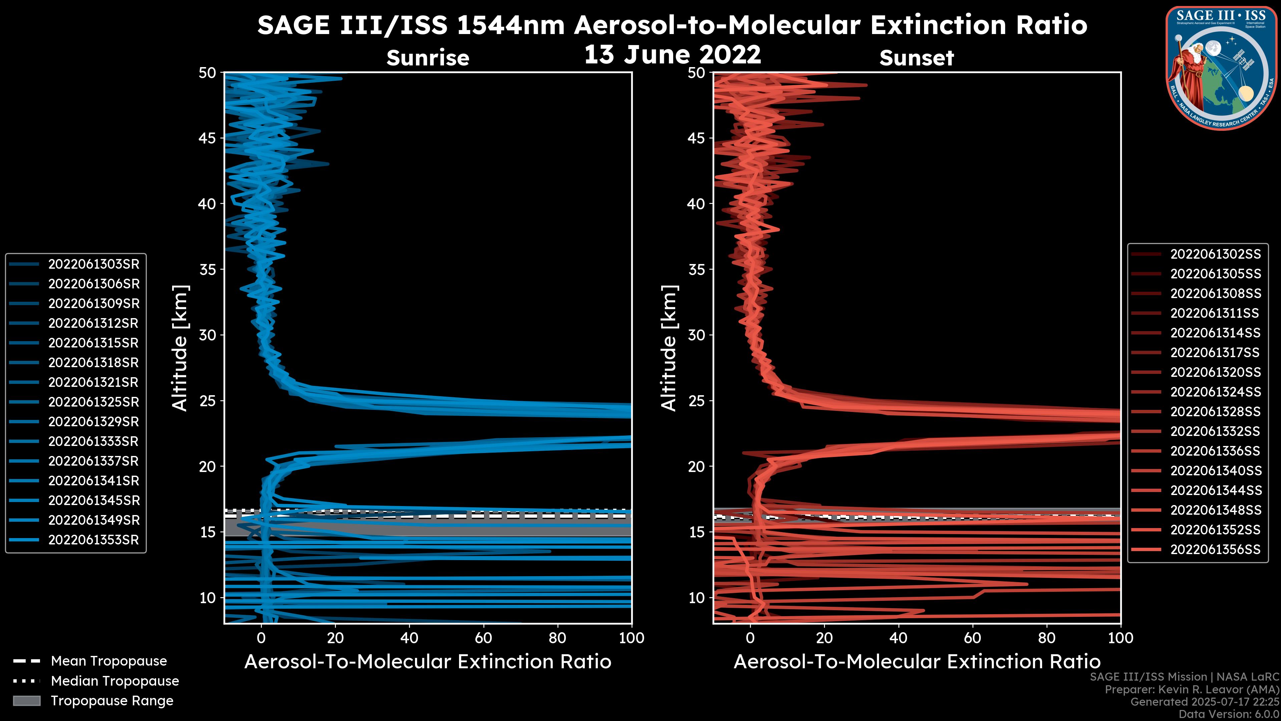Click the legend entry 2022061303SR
click(93, 264)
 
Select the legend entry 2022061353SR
click(93, 540)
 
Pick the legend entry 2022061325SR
click(93, 402)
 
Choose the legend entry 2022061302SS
click(1215, 254)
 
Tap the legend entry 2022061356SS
click(1215, 549)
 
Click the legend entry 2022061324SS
click(1215, 392)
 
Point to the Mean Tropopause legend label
click(109, 661)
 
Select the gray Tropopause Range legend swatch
click(26, 701)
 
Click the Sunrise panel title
click(428, 58)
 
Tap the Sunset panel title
click(916, 58)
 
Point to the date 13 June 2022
click(672, 55)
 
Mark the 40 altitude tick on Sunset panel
click(696, 204)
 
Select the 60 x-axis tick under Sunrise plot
click(483, 638)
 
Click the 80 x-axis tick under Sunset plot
click(1047, 638)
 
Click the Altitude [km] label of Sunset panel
click(669, 348)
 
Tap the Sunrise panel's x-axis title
click(428, 662)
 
